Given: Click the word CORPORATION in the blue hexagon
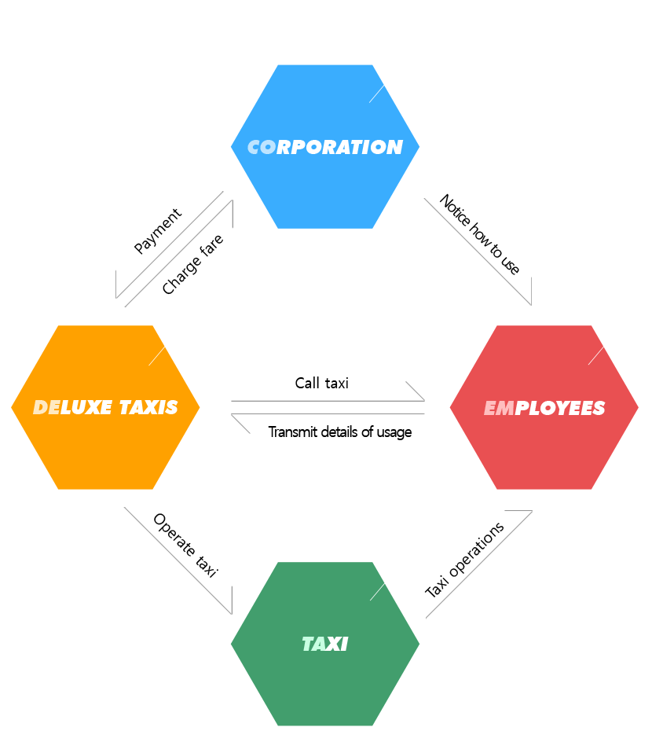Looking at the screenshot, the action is (325, 147).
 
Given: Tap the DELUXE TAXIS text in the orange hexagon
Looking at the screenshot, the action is (105, 407).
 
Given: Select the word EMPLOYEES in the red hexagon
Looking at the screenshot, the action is (544, 408).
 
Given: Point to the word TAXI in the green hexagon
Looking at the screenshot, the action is (325, 645).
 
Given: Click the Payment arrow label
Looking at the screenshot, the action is (158, 231).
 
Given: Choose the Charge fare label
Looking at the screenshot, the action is (192, 264).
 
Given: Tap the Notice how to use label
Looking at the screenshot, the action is (479, 234).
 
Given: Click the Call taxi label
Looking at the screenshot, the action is (321, 384).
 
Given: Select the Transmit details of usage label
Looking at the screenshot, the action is (340, 432).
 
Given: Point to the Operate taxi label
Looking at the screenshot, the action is (186, 545).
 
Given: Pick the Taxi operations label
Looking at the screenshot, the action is (464, 560).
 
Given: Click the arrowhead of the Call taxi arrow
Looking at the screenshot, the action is (424, 400).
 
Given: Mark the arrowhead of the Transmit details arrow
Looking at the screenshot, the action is (232, 414).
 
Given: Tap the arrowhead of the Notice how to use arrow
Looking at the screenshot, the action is (531, 304).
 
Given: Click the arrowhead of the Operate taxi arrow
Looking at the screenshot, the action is (232, 614).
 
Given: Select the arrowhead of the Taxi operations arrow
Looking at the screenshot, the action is (532, 511).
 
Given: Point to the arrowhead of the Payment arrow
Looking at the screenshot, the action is (116, 297).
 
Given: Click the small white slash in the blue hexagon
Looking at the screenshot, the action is (376, 94).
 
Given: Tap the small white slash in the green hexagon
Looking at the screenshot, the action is (378, 592).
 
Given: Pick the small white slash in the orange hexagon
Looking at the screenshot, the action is (156, 356).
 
